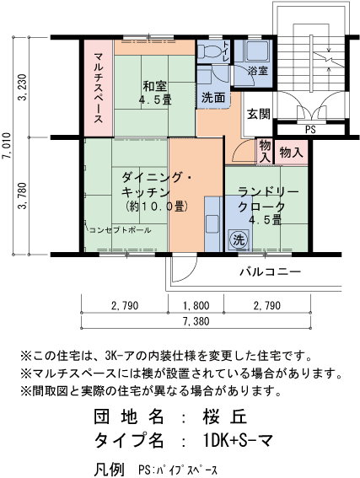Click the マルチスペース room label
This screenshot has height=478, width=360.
tap(98, 88)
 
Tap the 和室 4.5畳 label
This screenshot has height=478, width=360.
tap(154, 93)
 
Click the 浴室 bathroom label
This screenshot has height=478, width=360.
tap(258, 71)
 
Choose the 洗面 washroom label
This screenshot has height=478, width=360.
tap(212, 98)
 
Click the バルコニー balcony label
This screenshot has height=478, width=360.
tap(270, 271)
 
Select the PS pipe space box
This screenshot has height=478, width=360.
tap(310, 129)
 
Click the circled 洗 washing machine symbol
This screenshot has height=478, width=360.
tap(239, 239)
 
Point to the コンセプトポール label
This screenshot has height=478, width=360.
tap(118, 229)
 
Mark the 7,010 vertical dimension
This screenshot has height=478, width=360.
tap(8, 146)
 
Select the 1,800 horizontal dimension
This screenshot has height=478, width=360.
tap(196, 305)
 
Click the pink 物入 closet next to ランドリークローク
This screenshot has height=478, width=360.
tap(291, 153)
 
